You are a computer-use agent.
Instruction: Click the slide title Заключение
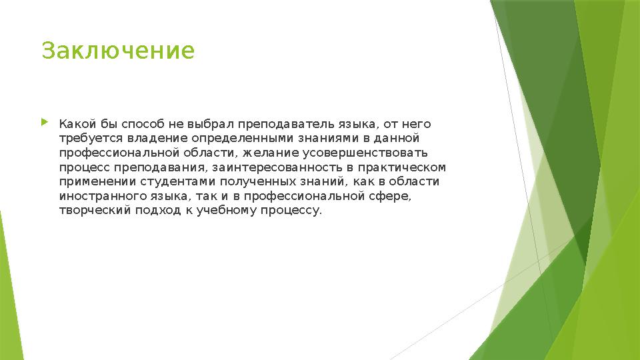pyautogui.click(x=118, y=51)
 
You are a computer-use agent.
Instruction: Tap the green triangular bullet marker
pyautogui.click(x=45, y=123)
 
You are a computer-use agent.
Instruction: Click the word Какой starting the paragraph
pyautogui.click(x=75, y=124)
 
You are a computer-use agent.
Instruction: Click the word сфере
pyautogui.click(x=391, y=196)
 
